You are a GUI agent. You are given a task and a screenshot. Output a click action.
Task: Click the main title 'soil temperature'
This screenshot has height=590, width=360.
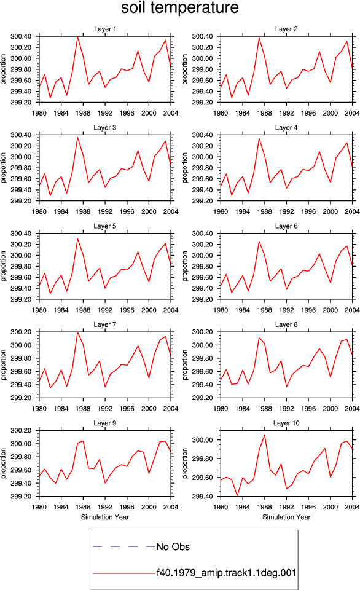(x=180, y=7)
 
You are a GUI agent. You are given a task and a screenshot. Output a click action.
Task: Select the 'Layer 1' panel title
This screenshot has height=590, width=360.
(x=105, y=29)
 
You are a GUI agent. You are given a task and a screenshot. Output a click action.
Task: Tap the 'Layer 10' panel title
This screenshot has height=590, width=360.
(x=286, y=423)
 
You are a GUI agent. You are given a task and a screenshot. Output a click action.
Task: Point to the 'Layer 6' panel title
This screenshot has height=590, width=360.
(x=286, y=226)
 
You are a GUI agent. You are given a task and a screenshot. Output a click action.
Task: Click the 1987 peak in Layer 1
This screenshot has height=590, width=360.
(x=77, y=37)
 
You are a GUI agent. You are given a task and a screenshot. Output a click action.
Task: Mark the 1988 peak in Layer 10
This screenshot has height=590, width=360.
(x=264, y=435)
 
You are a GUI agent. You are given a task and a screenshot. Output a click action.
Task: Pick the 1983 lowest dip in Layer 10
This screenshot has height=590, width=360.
(x=237, y=495)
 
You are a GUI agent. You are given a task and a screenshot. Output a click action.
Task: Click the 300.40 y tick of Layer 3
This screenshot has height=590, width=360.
(x=21, y=135)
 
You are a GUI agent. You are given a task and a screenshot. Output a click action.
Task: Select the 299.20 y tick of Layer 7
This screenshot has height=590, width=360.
(x=21, y=398)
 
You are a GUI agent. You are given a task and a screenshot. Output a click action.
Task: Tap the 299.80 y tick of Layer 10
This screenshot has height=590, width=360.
(x=202, y=458)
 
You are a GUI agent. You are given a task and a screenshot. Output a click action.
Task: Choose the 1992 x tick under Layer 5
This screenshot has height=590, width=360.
(x=105, y=310)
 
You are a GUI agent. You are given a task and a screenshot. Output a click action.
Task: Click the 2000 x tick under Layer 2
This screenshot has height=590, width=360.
(x=331, y=113)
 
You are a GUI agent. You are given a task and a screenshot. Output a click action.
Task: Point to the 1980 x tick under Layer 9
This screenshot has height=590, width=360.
(x=39, y=507)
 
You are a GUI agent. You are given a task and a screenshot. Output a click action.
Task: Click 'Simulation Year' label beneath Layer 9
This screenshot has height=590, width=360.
(x=105, y=517)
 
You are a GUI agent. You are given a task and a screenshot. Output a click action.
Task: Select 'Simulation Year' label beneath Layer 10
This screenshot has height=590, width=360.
(x=286, y=517)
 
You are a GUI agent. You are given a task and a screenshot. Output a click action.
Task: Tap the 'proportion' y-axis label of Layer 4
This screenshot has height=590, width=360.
(x=185, y=168)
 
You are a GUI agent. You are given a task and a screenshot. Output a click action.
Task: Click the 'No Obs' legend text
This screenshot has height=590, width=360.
(x=173, y=546)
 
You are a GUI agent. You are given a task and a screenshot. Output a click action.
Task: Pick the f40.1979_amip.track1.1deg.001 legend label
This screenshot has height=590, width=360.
(x=227, y=573)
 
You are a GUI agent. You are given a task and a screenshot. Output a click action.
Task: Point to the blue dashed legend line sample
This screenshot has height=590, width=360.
(x=124, y=546)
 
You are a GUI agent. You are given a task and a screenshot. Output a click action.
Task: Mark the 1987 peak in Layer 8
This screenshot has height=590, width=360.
(x=259, y=337)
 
